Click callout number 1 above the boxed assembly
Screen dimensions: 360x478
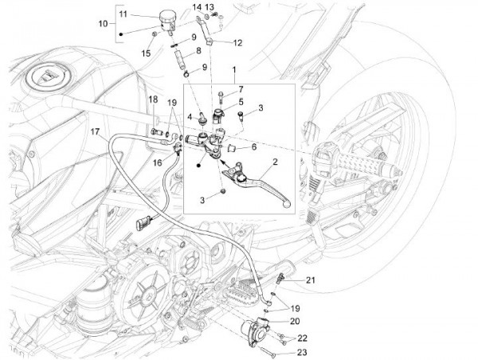[x=234, y=71]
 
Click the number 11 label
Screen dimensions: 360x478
[x=122, y=14]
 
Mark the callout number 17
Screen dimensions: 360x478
[x=94, y=132]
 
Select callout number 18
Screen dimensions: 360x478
[x=151, y=98]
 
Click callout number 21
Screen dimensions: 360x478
[x=311, y=280]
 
